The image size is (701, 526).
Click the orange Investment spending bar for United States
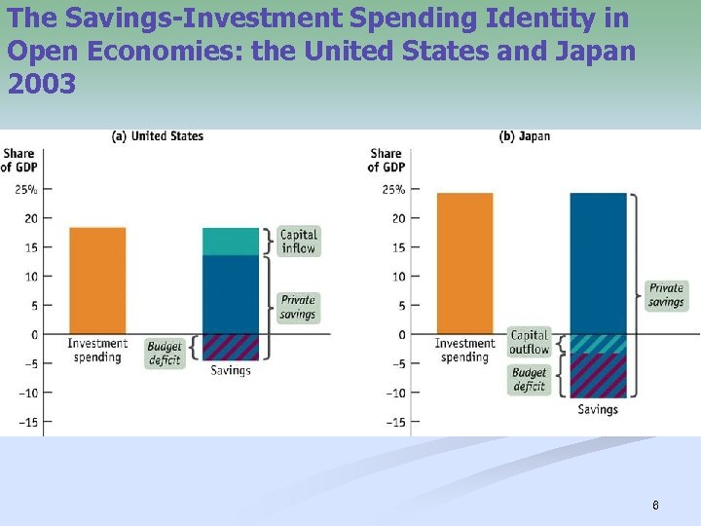point(96,281)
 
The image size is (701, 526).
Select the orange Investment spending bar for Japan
point(464,263)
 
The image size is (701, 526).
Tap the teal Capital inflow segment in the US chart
point(231,242)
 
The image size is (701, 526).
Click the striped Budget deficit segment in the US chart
point(231,348)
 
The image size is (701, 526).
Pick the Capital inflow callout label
point(298,242)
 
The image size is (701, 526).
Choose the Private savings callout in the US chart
point(298,307)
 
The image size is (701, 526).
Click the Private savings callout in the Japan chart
point(666,295)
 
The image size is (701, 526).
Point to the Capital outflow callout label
point(530,342)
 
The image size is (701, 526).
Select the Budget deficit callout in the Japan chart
point(529,379)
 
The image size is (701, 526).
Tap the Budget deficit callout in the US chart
point(165,353)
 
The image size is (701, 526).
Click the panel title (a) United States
point(158,136)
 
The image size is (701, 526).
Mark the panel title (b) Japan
point(525,136)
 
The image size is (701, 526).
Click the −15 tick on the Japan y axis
point(393,423)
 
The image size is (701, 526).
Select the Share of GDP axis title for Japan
point(386,160)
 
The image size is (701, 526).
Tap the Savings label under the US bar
point(231,370)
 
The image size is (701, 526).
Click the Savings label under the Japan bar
point(598,409)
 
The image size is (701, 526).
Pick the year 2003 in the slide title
point(41,85)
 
